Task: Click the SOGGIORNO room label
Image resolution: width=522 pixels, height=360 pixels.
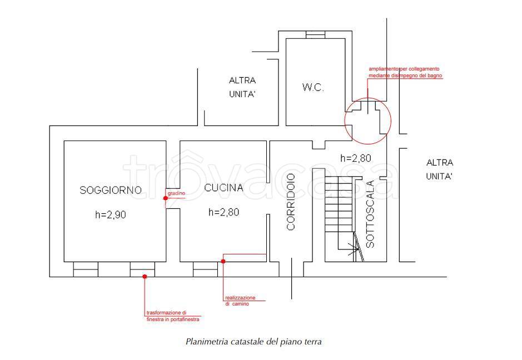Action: (110, 190)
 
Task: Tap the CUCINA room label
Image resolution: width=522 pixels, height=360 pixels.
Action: (223, 188)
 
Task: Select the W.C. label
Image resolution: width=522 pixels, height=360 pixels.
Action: (313, 88)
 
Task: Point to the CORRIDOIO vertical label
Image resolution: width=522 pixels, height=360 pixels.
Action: (291, 202)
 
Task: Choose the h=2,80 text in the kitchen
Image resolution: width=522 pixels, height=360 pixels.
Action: (223, 212)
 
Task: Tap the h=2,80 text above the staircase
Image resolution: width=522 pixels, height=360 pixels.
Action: (355, 158)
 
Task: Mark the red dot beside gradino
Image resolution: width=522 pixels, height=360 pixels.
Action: (165, 198)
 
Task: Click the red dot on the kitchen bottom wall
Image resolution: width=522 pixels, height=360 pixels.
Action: (223, 261)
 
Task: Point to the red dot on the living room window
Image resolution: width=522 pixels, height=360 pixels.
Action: (144, 276)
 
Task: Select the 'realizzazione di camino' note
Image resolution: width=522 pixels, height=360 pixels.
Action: (240, 301)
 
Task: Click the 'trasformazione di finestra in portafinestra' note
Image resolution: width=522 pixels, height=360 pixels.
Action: (172, 316)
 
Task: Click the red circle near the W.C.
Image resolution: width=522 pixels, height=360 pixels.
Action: (368, 119)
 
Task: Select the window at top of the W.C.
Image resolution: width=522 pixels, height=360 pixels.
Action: (315, 34)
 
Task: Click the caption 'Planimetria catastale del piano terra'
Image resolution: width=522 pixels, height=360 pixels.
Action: (253, 342)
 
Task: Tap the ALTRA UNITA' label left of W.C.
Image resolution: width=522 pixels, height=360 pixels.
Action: (242, 87)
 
